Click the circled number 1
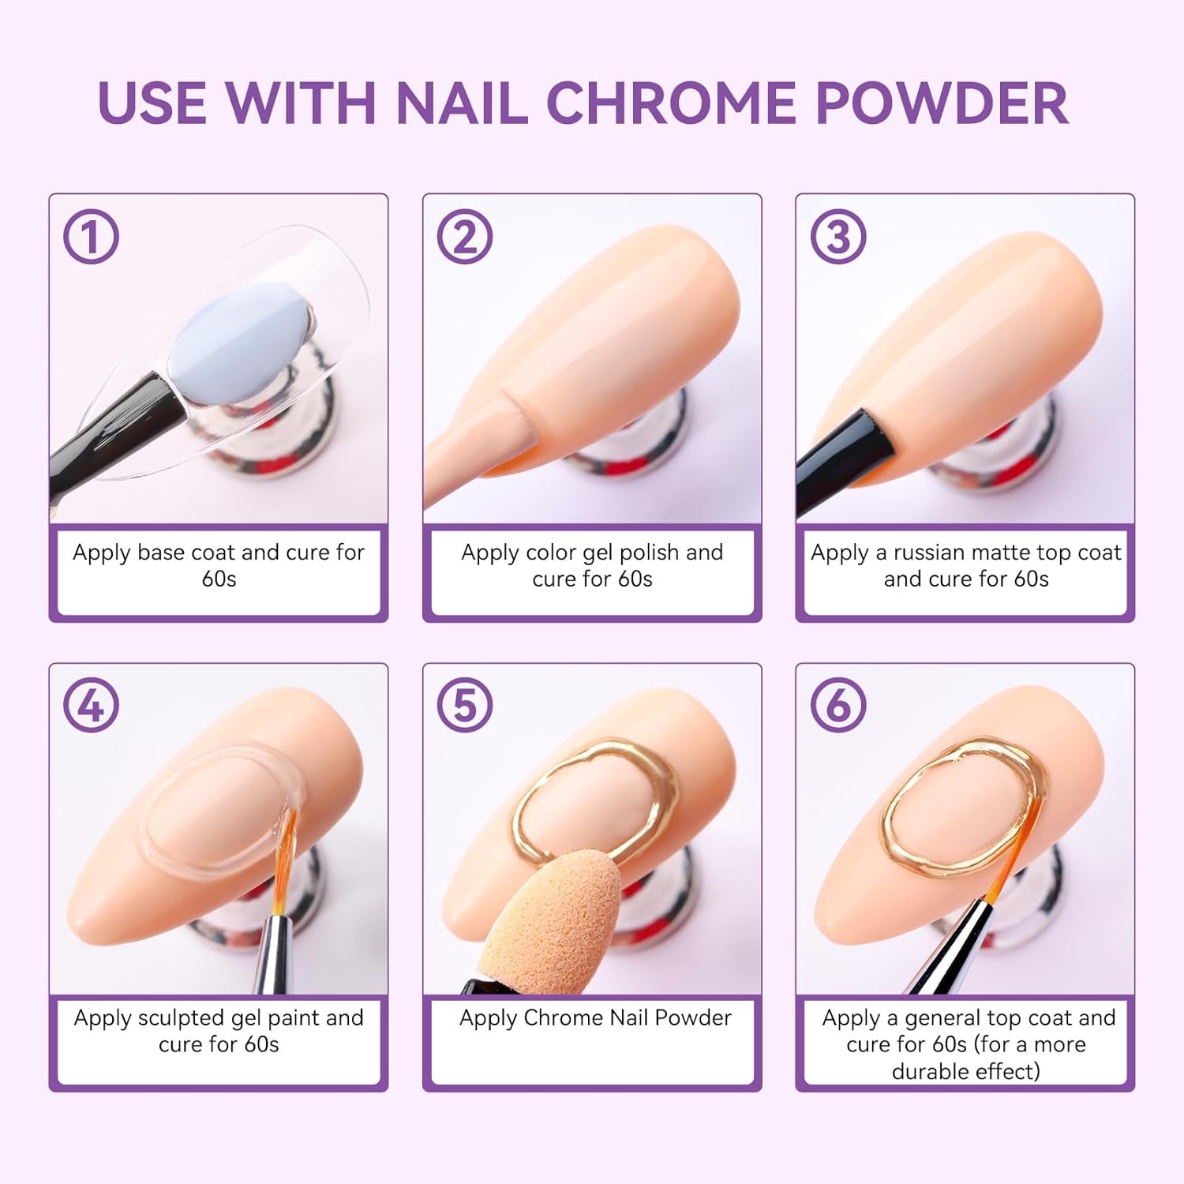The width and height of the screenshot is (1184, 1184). click(x=92, y=237)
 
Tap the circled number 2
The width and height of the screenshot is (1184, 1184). click(x=465, y=237)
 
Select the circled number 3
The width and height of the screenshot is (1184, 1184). click(x=838, y=237)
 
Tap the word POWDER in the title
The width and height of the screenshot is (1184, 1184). click(x=942, y=103)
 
